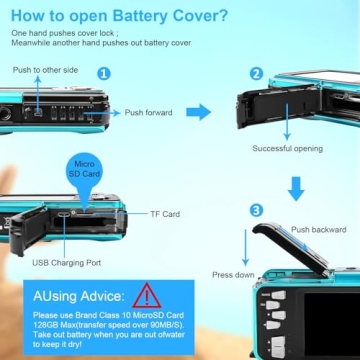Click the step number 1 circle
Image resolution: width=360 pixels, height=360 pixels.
tap(104, 74)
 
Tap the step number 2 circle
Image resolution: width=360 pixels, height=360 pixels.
tap(256, 74)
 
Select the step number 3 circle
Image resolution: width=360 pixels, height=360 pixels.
tap(256, 210)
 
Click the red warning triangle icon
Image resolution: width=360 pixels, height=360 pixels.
tap(147, 295)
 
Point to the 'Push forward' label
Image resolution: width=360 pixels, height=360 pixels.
tap(149, 113)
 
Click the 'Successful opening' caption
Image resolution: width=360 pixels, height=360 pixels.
tap(287, 148)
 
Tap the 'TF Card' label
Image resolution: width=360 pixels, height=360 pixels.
tap(165, 214)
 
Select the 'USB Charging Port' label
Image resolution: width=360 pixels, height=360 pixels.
tap(67, 263)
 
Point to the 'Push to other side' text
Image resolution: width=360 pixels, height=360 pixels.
tap(45, 70)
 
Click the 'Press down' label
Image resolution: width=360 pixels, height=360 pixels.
tap(233, 275)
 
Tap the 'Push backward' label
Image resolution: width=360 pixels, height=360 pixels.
tap(319, 230)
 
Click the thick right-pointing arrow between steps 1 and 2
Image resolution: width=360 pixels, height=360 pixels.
tap(199, 112)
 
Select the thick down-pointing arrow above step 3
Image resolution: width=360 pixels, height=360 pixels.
tap(296, 189)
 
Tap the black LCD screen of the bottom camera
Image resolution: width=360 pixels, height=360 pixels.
tap(332, 322)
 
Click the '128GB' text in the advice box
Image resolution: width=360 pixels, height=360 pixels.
tap(45, 324)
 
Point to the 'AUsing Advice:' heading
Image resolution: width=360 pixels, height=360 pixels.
tap(79, 296)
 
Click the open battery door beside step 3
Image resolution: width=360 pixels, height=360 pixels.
tap(291, 248)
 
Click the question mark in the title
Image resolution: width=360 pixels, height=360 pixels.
tap(222, 16)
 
